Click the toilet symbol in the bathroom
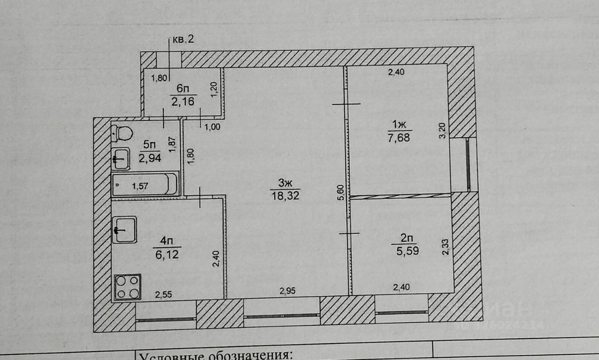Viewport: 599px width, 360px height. (123, 133)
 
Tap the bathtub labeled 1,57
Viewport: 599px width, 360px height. (145, 184)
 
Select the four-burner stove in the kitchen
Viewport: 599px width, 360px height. (128, 287)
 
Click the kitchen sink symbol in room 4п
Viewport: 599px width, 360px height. (124, 229)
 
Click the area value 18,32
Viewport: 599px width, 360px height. (285, 196)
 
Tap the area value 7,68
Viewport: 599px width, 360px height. (399, 138)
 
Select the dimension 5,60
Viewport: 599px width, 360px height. (341, 191)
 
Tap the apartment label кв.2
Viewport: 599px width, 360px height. (183, 39)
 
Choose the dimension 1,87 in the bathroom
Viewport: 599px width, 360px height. (172, 144)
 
